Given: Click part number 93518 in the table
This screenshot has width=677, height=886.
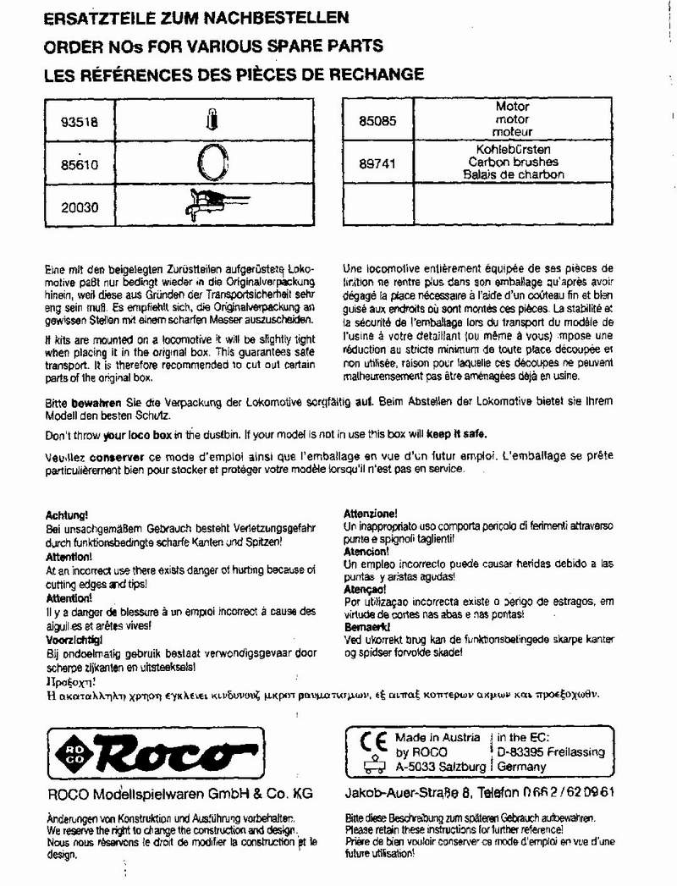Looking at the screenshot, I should click(80, 121).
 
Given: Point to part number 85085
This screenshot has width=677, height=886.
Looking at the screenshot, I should click(377, 121).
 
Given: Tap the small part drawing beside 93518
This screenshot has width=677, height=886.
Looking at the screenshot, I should click(212, 120).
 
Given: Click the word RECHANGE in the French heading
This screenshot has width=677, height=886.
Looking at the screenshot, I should click(372, 74).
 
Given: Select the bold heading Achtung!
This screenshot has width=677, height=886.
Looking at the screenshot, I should click(66, 515).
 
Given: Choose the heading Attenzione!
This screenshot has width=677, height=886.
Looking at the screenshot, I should click(370, 514).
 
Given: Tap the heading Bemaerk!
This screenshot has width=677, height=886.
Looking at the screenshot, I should click(366, 627).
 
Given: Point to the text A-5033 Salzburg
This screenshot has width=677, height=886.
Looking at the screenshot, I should click(440, 767).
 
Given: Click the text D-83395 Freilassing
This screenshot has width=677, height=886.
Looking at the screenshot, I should click(549, 751).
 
